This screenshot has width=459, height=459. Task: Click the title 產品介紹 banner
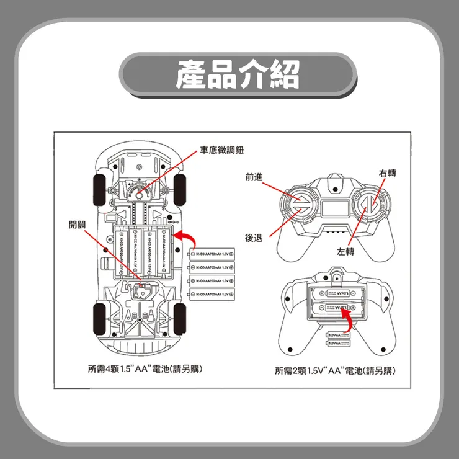point(238,74)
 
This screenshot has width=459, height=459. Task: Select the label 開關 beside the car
point(78,224)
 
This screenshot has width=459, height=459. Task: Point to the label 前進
point(253,177)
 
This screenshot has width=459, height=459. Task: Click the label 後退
point(253,238)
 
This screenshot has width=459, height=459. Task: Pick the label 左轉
point(345,252)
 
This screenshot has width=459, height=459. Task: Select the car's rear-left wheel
point(99,316)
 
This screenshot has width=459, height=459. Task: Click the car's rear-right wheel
point(180,316)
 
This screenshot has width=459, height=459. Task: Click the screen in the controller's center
point(335,207)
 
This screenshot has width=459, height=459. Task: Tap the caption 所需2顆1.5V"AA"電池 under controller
point(335,371)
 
